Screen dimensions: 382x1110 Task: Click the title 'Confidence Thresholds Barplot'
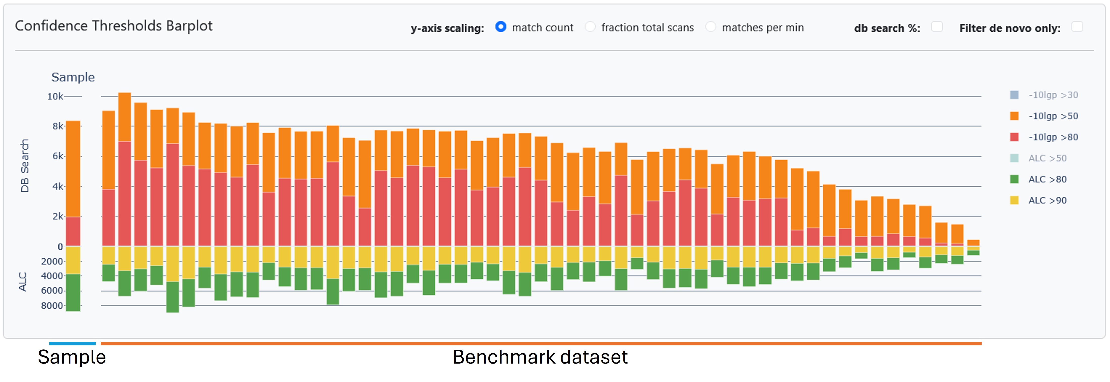coord(114,26)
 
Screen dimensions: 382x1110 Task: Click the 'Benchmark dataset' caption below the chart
coord(540,357)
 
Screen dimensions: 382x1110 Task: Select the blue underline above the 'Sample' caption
coord(72,344)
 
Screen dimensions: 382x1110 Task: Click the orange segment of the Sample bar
coord(73,168)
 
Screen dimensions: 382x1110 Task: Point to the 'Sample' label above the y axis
coord(73,77)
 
